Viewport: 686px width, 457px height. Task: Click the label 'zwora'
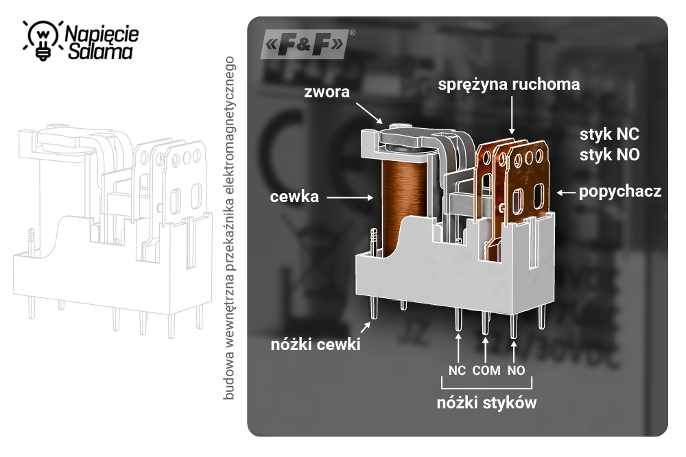coord(327,91)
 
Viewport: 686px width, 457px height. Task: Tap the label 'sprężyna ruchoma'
coord(509,84)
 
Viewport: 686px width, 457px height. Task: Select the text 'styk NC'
coord(609,134)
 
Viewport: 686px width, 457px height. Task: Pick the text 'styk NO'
coord(609,155)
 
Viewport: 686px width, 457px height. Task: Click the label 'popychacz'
coord(620,192)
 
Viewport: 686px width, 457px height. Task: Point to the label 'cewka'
coord(295,197)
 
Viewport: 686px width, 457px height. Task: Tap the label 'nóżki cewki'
coord(315,345)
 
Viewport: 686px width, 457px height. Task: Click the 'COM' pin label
coord(486,371)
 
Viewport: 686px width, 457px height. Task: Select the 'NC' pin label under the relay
coord(457,371)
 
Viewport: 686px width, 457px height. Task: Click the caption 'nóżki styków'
coord(486,402)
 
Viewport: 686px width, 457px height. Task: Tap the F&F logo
coord(305,45)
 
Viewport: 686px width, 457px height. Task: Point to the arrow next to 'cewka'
coord(350,197)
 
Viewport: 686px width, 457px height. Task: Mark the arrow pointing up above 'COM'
coord(486,347)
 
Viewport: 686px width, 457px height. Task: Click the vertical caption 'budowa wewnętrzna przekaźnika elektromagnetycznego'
coord(230,226)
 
